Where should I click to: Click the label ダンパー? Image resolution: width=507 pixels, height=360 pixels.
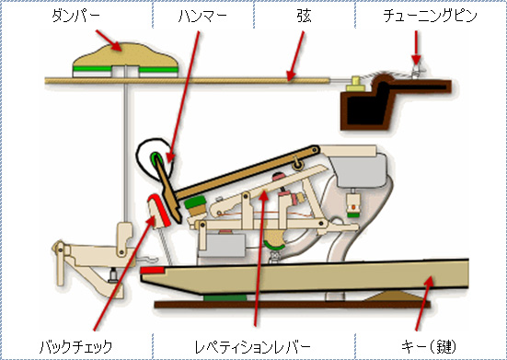point(76,17)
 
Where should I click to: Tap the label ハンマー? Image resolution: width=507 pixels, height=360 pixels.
point(202,17)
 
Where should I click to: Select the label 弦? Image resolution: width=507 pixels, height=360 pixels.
point(305,17)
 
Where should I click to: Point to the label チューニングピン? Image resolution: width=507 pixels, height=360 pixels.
point(430,17)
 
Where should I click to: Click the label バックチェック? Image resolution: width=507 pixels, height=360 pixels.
point(75,347)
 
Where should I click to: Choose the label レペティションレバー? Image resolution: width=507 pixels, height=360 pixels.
point(252,347)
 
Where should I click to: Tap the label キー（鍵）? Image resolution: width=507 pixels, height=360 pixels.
point(429,347)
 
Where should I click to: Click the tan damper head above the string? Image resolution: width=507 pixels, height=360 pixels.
point(125,60)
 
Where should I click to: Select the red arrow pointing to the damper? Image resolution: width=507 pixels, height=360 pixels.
point(109,41)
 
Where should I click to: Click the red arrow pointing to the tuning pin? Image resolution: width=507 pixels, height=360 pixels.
point(416,47)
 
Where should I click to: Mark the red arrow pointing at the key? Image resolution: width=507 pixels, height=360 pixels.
point(424,304)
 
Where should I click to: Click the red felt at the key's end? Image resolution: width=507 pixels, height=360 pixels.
point(153,270)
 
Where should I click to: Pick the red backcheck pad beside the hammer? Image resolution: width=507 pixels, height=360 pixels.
point(159,209)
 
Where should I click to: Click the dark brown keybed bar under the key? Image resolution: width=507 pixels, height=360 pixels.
point(292,305)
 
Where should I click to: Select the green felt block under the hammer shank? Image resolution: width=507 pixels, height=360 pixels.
point(195,202)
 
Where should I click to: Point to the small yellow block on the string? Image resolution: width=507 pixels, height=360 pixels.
point(356,84)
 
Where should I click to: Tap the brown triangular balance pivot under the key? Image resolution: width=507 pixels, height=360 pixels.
point(397,296)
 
